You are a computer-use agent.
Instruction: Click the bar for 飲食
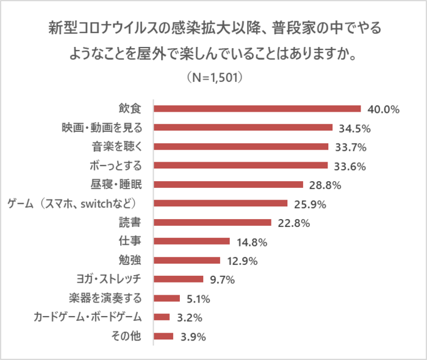click(x=257, y=109)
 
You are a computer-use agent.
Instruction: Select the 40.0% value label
click(x=383, y=110)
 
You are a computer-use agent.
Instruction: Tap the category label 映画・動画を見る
click(x=101, y=128)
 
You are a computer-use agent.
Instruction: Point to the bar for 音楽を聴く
click(x=241, y=147)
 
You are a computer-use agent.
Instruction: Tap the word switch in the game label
click(x=100, y=203)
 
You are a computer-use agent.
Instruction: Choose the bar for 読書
click(x=212, y=223)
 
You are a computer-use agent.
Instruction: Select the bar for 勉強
click(x=187, y=261)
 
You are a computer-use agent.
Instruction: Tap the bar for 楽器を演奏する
click(x=167, y=298)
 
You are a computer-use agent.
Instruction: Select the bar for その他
click(x=163, y=336)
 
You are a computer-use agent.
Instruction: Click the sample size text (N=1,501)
click(x=213, y=77)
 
